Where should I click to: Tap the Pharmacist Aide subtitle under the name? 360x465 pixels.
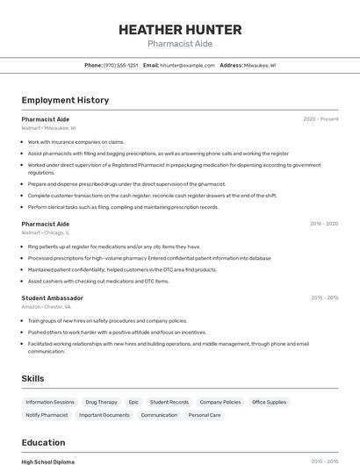coord(179,44)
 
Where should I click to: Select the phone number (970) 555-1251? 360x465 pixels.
coord(120,65)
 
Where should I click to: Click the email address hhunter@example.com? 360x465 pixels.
coord(187,65)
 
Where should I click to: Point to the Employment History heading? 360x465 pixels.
coord(65,100)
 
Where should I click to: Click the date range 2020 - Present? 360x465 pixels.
coord(320,119)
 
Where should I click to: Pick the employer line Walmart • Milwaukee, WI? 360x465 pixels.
coord(48,128)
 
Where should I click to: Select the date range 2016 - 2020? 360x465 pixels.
coord(324,224)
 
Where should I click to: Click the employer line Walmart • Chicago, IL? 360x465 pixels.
coord(46,232)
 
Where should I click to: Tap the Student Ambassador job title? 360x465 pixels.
coord(52,298)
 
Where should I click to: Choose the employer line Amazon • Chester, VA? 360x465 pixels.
coord(47,307)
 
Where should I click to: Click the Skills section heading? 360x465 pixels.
coord(33,378)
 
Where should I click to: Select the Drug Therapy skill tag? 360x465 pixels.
coord(101,402)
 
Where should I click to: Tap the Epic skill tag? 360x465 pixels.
coord(133,402)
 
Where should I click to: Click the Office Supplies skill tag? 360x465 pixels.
coord(269,402)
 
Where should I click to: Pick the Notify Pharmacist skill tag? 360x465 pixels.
coord(47,415)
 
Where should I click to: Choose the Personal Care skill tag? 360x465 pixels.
coord(204,415)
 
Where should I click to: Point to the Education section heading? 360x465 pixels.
coord(43,442)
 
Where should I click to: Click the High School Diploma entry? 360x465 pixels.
coord(47,461)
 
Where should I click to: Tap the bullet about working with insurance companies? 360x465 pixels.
coord(76,141)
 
